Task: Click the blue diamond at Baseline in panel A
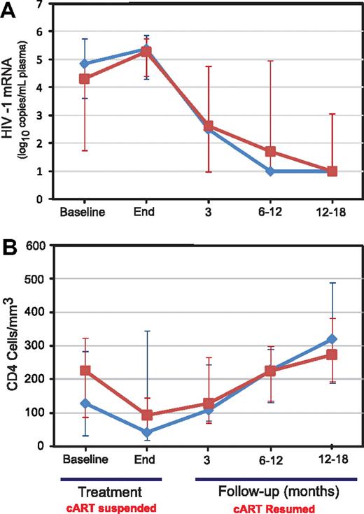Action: coord(85,64)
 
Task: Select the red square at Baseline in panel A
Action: coord(85,79)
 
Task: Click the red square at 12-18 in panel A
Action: coord(332,171)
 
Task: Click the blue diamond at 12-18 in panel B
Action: coord(332,339)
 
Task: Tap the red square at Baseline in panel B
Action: coord(85,371)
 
